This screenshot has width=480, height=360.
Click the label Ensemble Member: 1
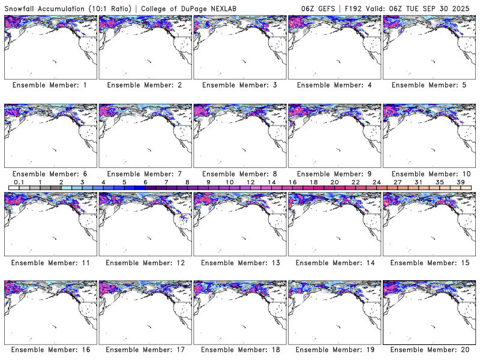tap(50, 85)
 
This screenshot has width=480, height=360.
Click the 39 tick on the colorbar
tap(461, 182)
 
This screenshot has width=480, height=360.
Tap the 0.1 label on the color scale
tap(19, 182)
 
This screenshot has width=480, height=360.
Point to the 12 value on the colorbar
tap(250, 182)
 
